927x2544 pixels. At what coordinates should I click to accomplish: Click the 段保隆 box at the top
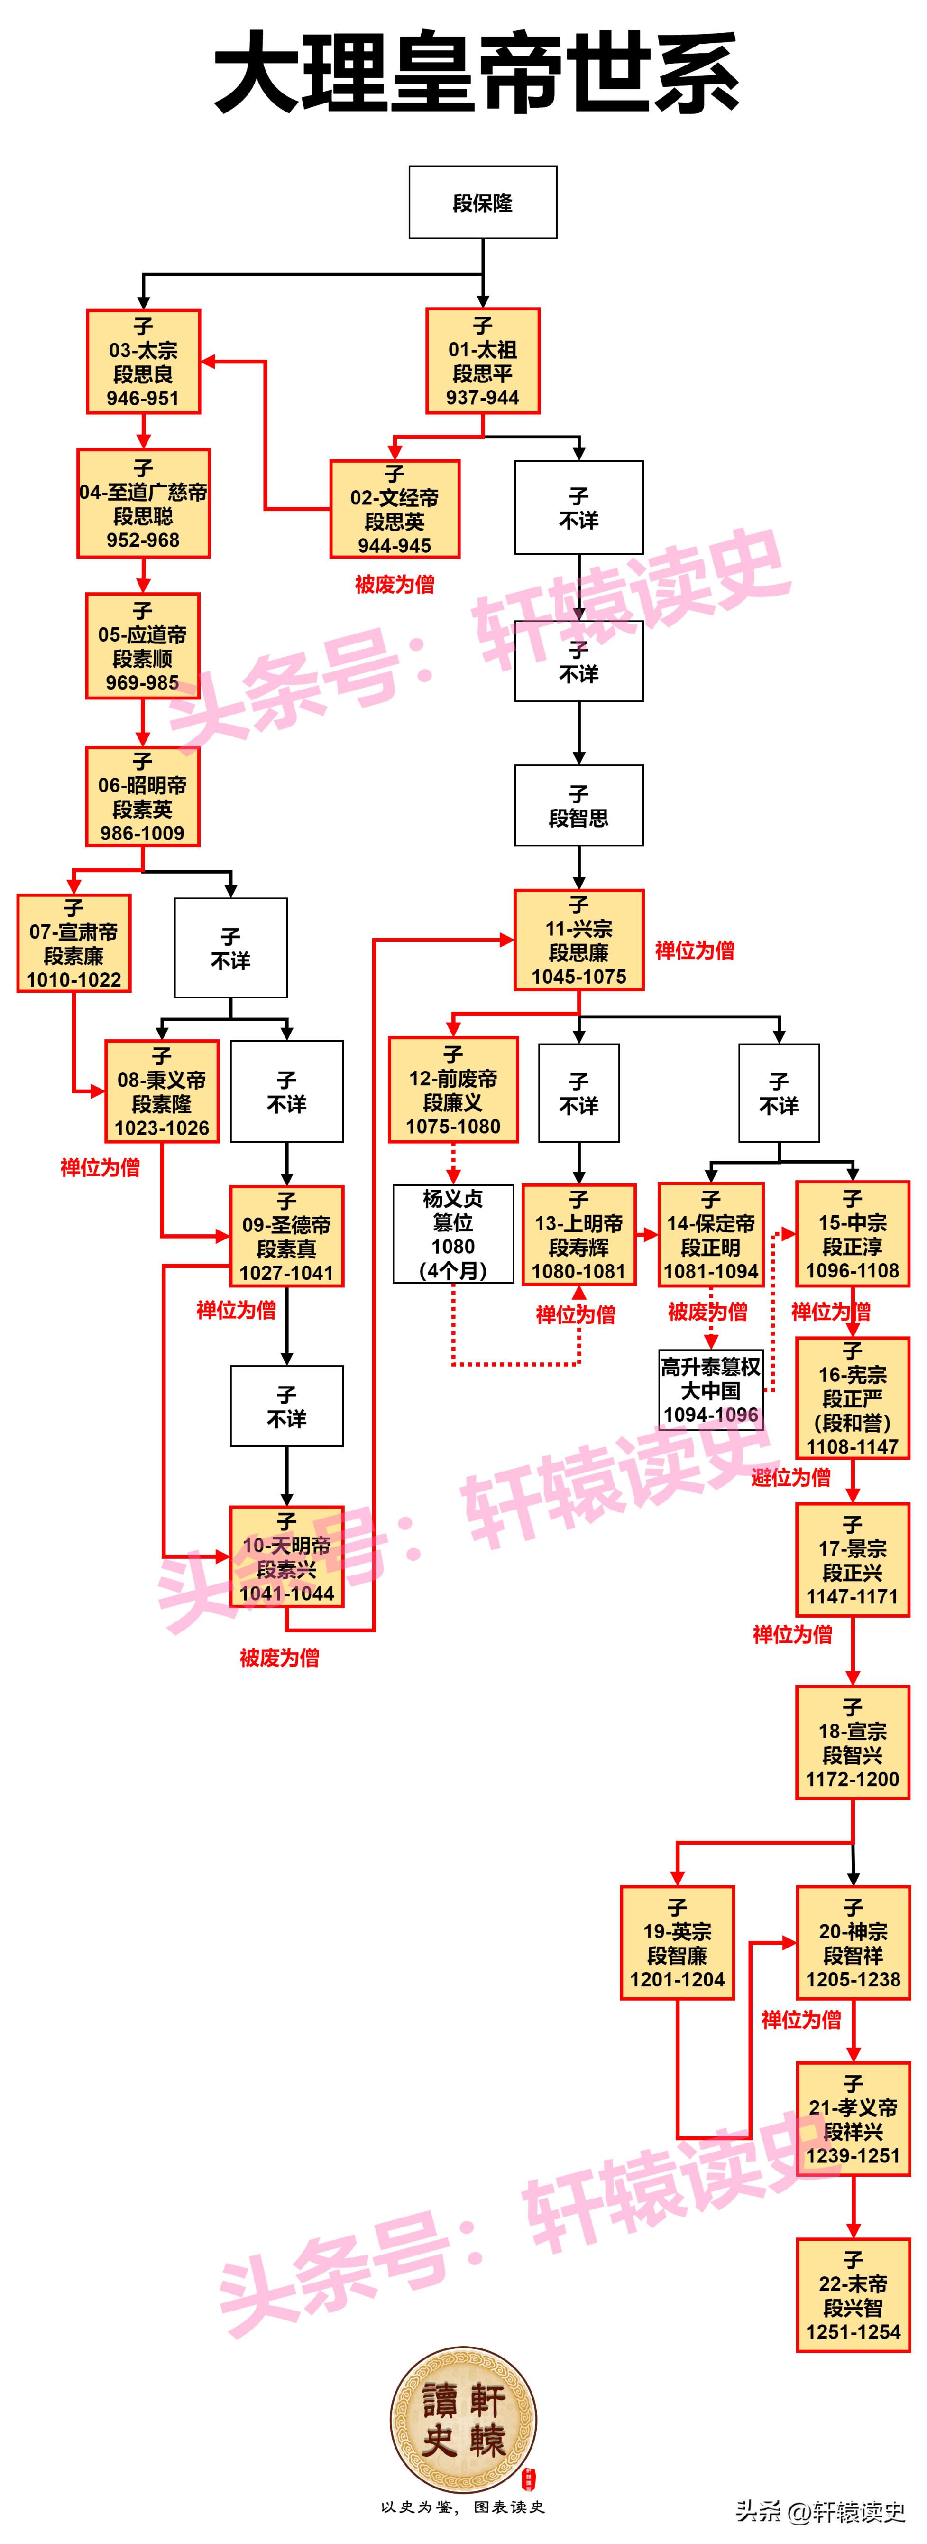(483, 203)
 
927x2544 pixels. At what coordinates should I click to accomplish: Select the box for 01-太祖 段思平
(483, 361)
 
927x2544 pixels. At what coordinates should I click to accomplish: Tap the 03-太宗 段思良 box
(143, 362)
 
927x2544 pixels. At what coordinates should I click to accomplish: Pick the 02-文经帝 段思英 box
(395, 509)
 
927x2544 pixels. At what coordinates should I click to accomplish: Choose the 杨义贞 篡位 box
(453, 1233)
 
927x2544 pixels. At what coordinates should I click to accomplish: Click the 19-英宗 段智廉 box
(677, 1943)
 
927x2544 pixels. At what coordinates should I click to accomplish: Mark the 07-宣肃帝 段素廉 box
(74, 943)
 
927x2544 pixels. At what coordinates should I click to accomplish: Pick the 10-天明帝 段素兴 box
(286, 1556)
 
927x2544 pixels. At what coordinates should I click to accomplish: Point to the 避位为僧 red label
(791, 1477)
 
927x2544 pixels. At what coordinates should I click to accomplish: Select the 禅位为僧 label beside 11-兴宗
(695, 950)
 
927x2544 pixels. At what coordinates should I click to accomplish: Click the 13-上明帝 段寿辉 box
(578, 1234)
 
